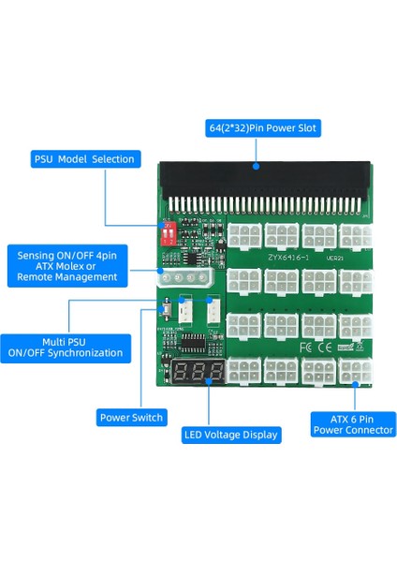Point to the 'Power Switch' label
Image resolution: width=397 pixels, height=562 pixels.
pos(130,417)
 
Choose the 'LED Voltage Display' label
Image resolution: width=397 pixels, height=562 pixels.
pos(229,434)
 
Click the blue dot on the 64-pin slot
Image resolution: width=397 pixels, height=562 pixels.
pos(256,167)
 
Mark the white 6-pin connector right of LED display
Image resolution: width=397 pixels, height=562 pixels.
pos(242,371)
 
